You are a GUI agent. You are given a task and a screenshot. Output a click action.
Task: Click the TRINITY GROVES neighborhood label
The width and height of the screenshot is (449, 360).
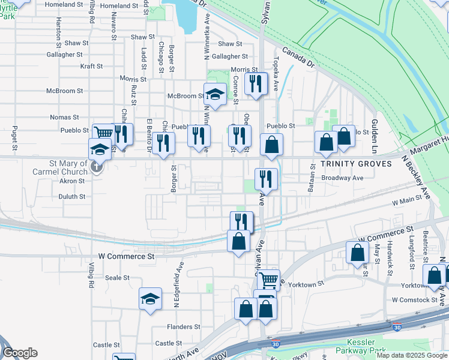pos(348,164)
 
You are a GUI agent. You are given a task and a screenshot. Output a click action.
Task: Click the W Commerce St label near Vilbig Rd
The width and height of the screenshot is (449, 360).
pos(126,256)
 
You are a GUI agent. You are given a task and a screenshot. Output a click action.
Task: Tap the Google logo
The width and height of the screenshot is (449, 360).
pos(20,353)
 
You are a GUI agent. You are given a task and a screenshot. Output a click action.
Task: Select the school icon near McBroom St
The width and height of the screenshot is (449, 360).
pos(215,94)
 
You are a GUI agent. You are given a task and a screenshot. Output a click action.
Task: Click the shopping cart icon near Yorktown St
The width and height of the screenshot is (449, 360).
pos(268,279)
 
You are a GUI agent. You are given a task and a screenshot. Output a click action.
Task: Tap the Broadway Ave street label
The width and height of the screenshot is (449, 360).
pos(342,178)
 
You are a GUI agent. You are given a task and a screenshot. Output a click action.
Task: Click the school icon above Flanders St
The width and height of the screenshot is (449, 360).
pos(150,298)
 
